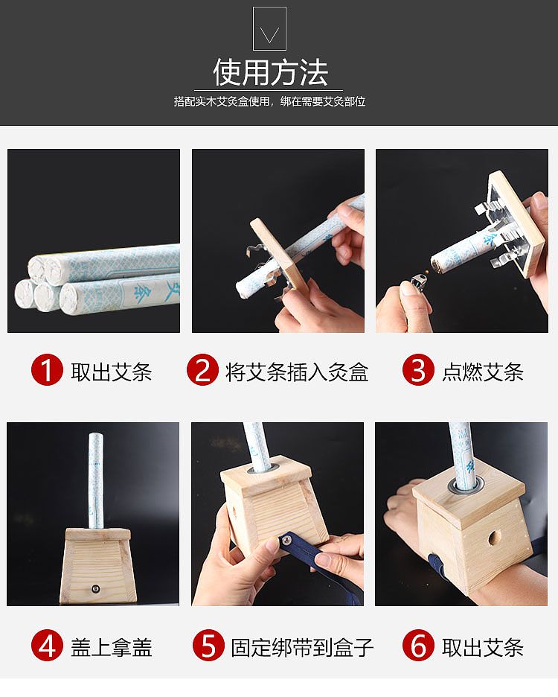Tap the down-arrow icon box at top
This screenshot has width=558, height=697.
269,29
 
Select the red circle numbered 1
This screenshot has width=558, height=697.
47,371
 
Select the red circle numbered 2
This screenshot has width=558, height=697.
202,371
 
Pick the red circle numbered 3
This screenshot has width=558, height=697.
418,371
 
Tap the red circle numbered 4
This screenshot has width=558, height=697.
47,646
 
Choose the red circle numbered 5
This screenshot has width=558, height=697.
208,646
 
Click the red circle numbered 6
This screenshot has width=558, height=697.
418,646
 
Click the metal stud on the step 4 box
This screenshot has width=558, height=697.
95,588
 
